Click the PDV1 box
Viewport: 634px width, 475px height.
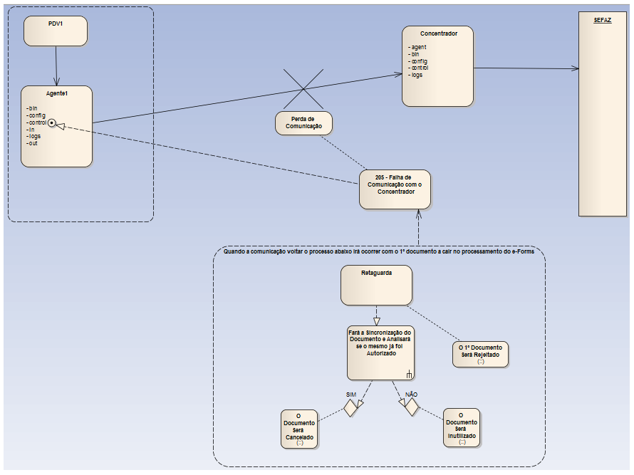pos(56,31)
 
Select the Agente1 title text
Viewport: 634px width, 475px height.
pos(56,94)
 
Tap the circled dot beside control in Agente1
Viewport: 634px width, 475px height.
pos(52,122)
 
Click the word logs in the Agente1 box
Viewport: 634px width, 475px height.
pos(34,136)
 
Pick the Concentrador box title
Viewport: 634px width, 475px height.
pos(438,33)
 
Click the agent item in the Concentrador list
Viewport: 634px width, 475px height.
pos(419,47)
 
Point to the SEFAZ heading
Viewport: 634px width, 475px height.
pos(602,21)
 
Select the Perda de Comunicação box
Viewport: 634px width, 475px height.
pos(304,122)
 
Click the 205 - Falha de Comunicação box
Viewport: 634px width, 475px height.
pos(395,189)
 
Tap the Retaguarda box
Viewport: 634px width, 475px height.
pos(377,285)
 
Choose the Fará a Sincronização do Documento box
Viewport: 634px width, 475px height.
pos(380,353)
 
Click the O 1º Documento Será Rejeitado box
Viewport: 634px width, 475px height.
pos(480,354)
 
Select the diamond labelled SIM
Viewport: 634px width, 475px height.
pos(350,407)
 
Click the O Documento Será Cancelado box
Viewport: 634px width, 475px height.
pos(300,428)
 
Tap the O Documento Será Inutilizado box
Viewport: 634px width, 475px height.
pos(462,427)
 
